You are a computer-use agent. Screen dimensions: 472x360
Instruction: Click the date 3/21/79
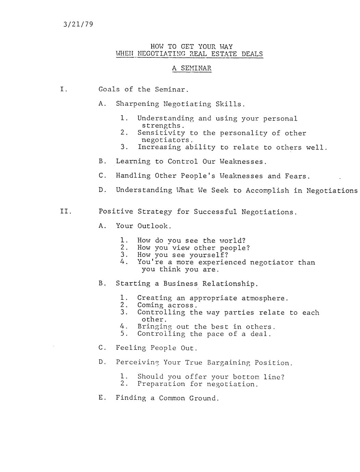pyautogui.click(x=78, y=25)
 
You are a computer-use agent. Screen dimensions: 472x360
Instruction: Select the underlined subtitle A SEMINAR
pyautogui.click(x=192, y=68)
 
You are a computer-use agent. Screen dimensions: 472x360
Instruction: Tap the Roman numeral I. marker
pyautogui.click(x=64, y=90)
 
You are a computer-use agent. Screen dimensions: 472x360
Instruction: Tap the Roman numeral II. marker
pyautogui.click(x=66, y=211)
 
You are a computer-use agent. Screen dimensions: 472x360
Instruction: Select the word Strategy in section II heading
pyautogui.click(x=155, y=212)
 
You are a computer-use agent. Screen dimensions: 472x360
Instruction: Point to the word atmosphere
pyautogui.click(x=265, y=298)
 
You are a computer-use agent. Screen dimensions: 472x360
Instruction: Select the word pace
pyautogui.click(x=215, y=334)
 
